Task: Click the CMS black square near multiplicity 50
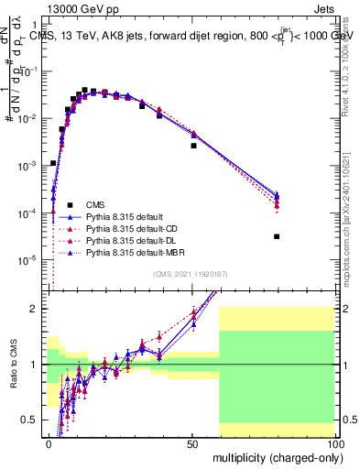pos(193,146)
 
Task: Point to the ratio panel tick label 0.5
pos(34,420)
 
